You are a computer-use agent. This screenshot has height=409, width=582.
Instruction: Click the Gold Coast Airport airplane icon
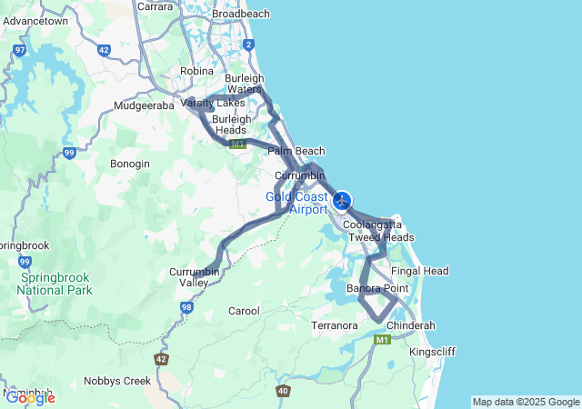(342, 201)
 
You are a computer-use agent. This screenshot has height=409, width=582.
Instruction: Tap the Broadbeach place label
(240, 15)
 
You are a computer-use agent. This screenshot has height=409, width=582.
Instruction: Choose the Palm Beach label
(296, 151)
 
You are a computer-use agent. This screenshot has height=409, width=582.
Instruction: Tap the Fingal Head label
(419, 271)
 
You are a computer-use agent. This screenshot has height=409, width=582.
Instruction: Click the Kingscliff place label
(434, 352)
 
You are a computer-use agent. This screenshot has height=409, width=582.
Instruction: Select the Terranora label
(337, 324)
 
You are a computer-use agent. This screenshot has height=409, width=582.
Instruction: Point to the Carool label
(244, 311)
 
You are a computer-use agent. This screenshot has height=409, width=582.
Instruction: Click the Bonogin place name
(129, 164)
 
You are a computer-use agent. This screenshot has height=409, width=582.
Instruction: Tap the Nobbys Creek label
(116, 381)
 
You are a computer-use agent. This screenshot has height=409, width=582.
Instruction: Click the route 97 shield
(20, 50)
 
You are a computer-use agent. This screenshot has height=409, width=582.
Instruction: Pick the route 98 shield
(186, 307)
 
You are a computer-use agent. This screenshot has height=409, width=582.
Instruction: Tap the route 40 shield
(284, 391)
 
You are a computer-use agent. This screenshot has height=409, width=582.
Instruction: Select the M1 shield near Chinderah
(382, 340)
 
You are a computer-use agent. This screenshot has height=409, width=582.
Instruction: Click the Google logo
(30, 397)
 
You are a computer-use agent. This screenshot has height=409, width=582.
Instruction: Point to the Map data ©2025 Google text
(525, 402)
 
